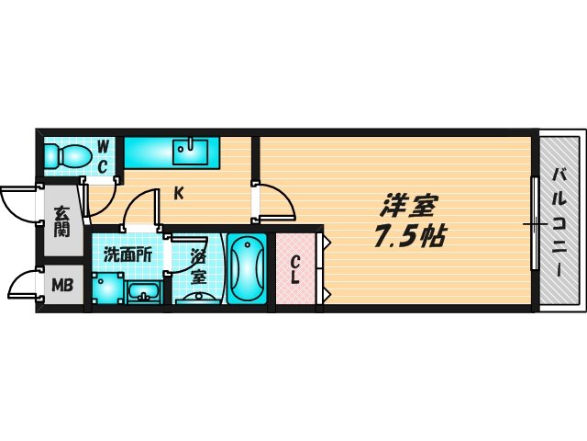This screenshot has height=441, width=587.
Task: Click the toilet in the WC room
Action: tap(65, 154)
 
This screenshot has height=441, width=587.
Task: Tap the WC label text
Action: tap(104, 155)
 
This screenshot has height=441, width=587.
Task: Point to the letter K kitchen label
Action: tap(180, 193)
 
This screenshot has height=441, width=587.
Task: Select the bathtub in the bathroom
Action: tap(246, 268)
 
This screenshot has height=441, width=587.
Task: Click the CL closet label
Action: tap(295, 267)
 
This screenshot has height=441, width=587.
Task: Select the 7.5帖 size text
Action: tap(409, 238)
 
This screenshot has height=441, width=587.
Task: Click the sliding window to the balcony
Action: tap(534, 223)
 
